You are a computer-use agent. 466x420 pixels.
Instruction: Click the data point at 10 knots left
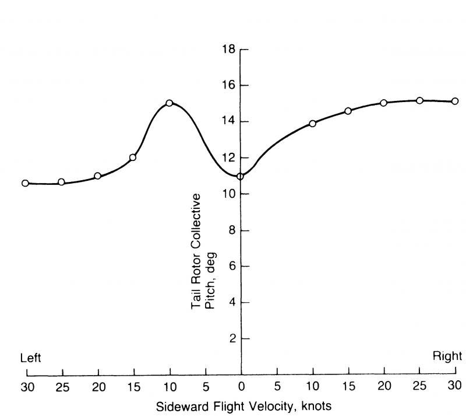tap(169, 103)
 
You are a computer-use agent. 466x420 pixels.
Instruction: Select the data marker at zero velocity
tap(240, 176)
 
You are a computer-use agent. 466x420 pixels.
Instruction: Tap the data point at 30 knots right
tap(455, 101)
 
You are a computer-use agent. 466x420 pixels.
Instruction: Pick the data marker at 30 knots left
tap(25, 183)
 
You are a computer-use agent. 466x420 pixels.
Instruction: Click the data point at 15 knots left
tap(133, 157)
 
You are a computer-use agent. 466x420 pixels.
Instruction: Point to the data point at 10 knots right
tap(312, 123)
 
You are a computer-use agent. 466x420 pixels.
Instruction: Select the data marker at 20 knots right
tap(383, 103)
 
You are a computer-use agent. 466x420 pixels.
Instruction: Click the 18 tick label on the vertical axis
tap(228, 49)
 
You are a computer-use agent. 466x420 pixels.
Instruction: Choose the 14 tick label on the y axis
tap(228, 121)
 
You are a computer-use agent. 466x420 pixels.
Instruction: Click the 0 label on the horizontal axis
tap(241, 386)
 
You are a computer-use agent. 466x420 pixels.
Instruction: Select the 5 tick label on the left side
tap(205, 386)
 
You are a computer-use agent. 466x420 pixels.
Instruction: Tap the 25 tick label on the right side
tap(419, 386)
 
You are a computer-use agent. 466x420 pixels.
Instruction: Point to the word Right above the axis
tap(447, 356)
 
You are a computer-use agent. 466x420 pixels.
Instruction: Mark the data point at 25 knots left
tap(61, 182)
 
